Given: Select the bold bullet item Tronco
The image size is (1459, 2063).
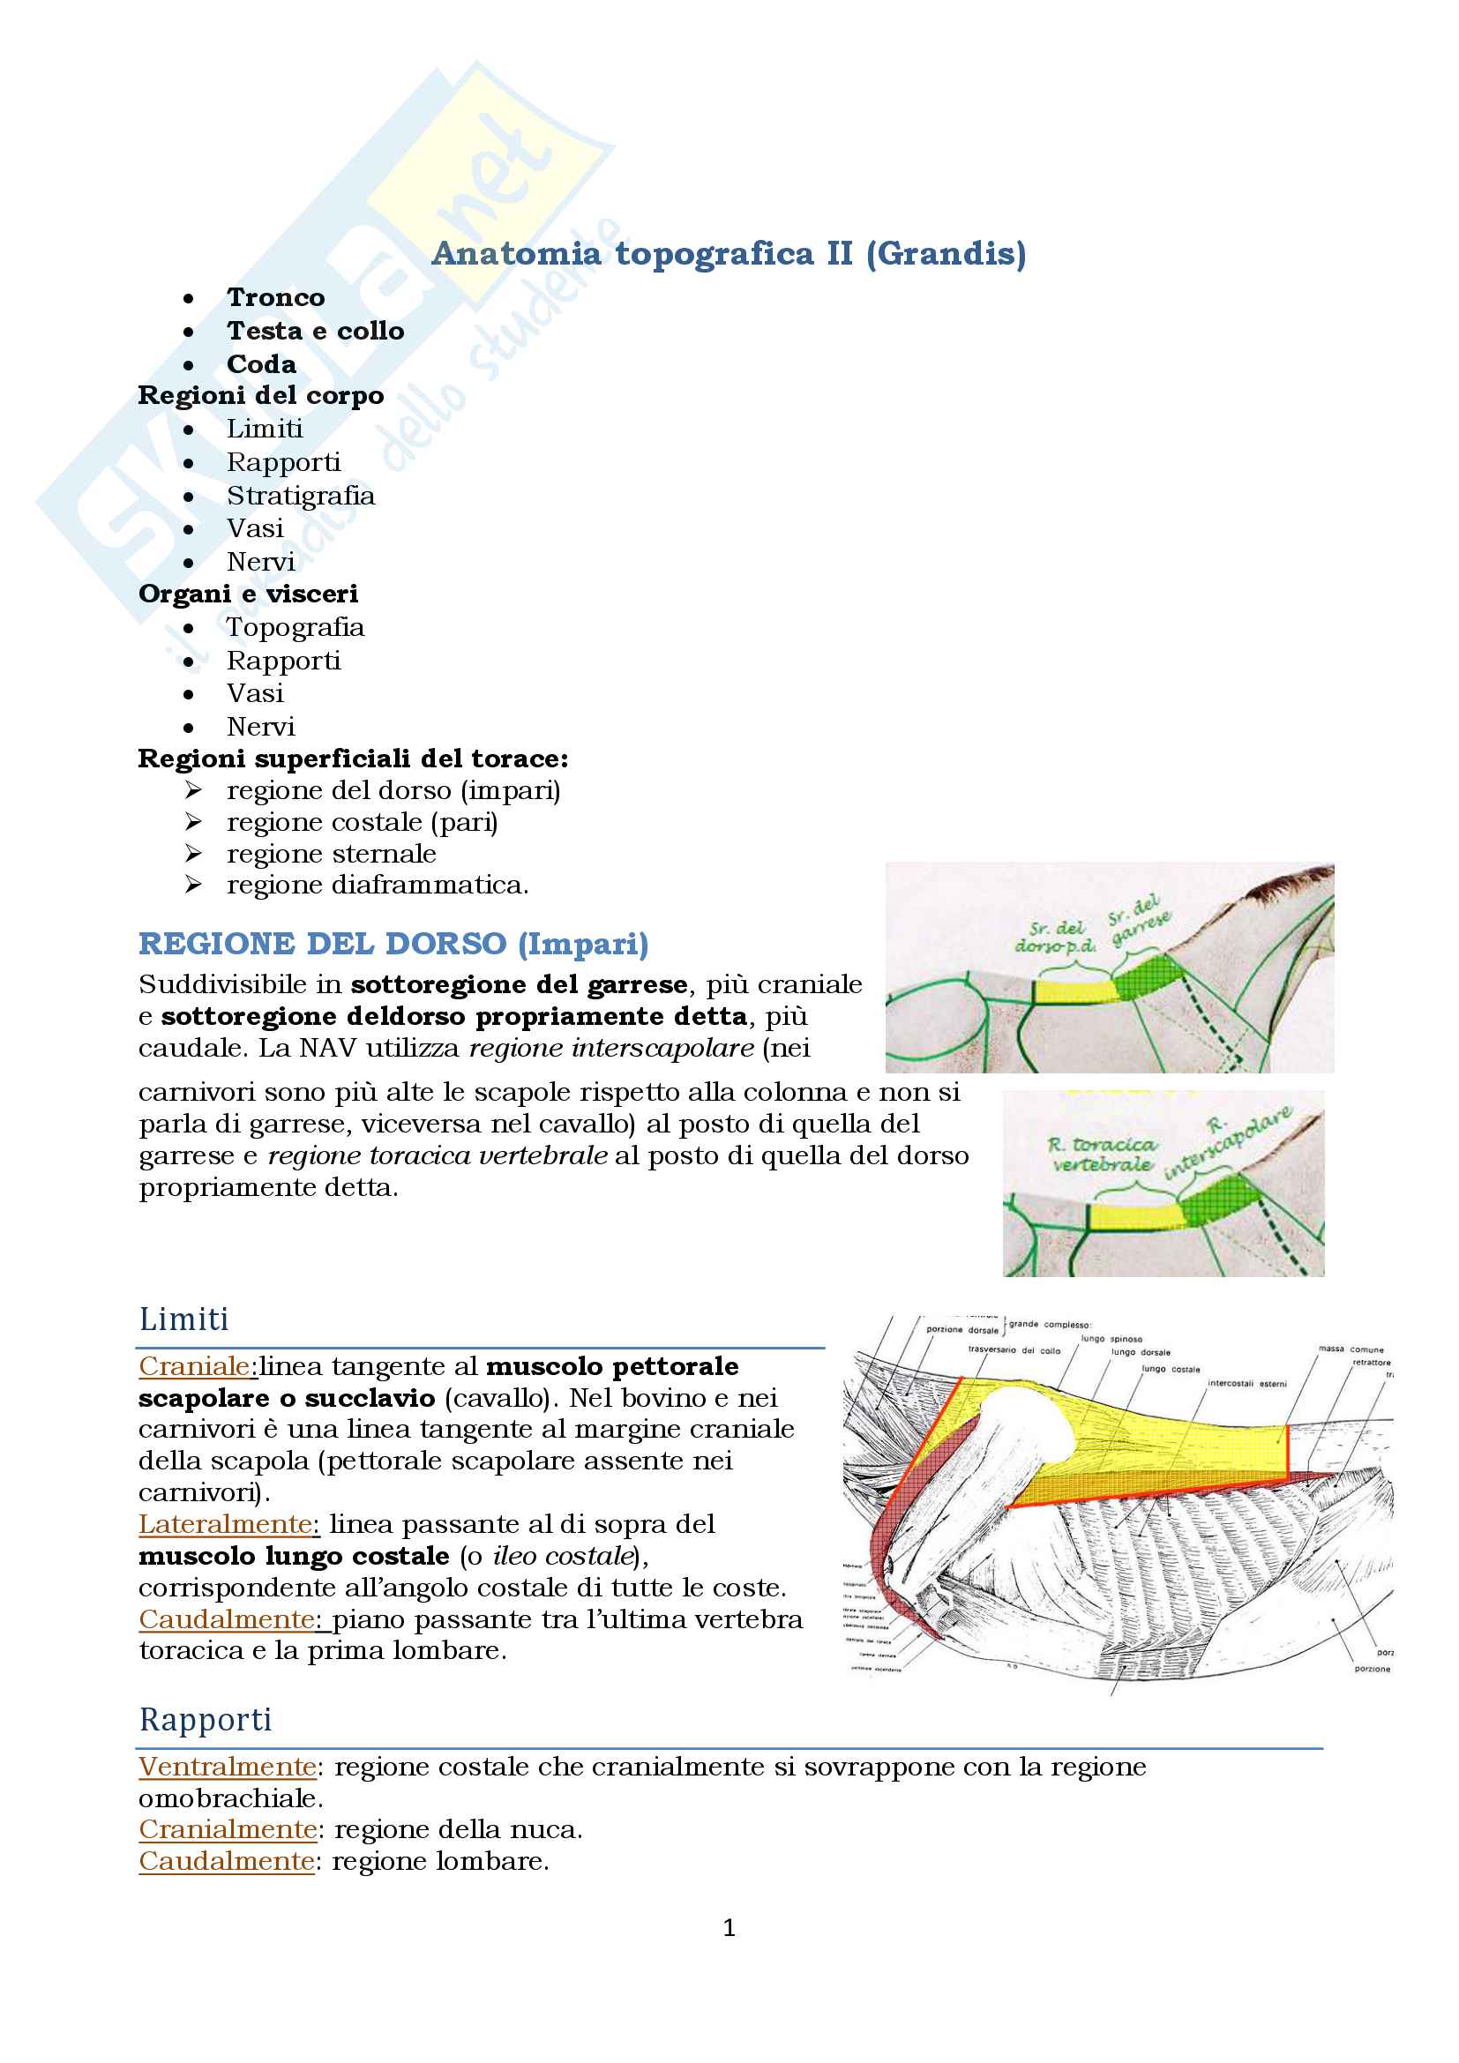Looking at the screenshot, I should point(275,297).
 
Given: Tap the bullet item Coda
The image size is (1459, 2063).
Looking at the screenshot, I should point(260,364).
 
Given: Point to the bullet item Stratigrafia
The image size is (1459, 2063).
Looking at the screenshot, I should point(300,496).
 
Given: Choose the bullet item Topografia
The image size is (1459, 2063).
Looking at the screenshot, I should point(295,627).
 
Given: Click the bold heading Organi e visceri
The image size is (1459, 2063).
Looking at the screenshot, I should point(248,594).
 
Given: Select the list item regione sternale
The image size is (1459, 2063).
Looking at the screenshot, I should point(331,854).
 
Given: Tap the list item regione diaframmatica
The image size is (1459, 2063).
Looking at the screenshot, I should point(378,885).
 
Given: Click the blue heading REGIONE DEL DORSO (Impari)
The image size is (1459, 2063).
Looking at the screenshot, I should point(393,944).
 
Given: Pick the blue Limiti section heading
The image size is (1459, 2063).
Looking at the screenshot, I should point(184,1319).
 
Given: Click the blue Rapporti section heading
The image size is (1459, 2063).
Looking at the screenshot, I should point(206,1720).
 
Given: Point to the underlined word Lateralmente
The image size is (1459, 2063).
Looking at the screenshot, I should point(228,1525).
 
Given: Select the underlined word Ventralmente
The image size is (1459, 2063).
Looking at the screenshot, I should point(228,1768).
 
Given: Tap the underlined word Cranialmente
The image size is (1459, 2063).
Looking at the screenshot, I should point(228,1830).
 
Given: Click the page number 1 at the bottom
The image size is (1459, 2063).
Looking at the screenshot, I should point(729,1928).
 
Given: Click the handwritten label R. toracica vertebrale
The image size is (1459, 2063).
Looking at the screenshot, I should point(1103,1155).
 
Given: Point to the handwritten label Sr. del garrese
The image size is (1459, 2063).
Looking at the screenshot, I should point(1138,920).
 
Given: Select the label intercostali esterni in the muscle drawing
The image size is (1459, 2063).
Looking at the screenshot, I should point(1246,1384).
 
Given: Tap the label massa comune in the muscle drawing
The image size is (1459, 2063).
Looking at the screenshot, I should point(1351,1349).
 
